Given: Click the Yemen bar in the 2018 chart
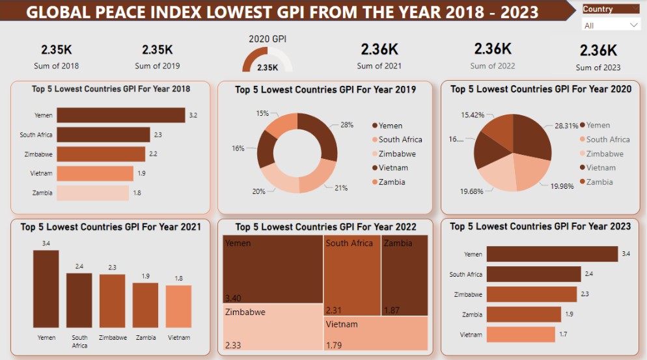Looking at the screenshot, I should pos(120,115).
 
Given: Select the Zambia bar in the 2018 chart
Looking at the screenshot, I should pos(94,193).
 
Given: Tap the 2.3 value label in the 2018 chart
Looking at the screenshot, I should pos(158,135).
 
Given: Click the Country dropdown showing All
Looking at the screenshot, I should pos(611,25).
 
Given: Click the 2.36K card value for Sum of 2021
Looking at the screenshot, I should pos(379,49).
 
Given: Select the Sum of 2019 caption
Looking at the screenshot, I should pos(158,66).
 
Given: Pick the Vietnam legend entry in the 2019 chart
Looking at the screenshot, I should pos(392,168).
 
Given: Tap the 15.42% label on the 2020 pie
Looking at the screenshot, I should pos(473,115).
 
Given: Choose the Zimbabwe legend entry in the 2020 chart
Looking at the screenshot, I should pos(604,154).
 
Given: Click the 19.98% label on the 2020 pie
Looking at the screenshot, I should pos(563,186).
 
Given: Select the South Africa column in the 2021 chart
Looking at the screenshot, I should pos(79,300).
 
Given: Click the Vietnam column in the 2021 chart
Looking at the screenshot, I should pos(178,306).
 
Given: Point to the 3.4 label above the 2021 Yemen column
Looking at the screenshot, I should pos(46,243).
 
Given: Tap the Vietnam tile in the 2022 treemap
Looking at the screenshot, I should pos(376,333).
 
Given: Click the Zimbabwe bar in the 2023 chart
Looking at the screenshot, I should pos(531,294).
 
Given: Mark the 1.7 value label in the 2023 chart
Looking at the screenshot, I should pos(564,335).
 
